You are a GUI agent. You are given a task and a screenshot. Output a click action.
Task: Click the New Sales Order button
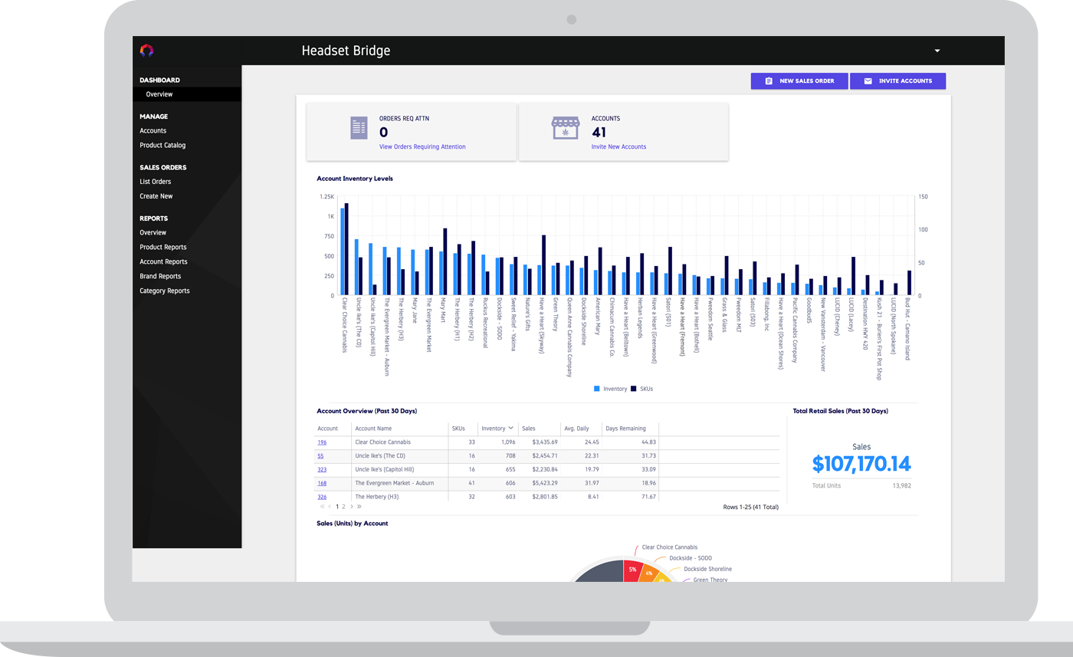click(x=799, y=81)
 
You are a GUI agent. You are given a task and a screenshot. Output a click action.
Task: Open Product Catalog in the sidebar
click(x=162, y=145)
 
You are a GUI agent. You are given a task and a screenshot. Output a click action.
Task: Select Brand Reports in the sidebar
click(x=160, y=276)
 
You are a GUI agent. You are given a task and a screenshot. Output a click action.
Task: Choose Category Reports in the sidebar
click(x=164, y=291)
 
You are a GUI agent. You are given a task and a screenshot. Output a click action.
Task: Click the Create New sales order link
click(x=156, y=196)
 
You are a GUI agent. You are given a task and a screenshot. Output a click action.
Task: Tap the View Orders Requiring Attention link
click(x=422, y=146)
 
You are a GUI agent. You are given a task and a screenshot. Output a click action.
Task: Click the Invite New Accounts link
click(x=619, y=146)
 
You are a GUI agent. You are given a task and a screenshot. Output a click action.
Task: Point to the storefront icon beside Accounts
click(x=566, y=128)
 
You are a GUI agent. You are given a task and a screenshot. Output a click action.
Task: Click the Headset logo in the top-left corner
click(x=146, y=51)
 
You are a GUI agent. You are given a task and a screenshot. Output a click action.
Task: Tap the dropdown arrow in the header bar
click(x=937, y=51)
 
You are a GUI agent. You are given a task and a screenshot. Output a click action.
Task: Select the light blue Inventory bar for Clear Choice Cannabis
click(x=343, y=251)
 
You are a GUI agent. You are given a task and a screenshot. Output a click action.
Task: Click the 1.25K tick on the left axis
click(x=326, y=196)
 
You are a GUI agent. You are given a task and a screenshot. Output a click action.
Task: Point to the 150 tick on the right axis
click(x=923, y=196)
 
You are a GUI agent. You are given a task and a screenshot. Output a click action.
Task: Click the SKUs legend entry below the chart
click(x=642, y=389)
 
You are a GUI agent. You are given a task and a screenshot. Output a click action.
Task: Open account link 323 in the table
click(x=322, y=470)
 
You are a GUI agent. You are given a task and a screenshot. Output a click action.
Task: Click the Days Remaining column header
click(x=625, y=429)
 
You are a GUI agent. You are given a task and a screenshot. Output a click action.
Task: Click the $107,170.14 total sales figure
click(x=861, y=464)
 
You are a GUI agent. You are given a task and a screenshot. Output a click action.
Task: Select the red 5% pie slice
click(x=632, y=570)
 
